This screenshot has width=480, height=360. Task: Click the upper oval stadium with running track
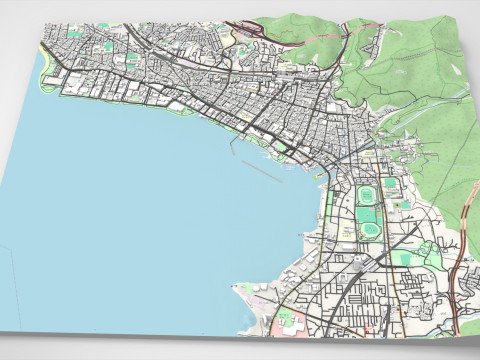[x=366, y=191]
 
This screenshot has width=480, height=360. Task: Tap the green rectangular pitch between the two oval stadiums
[x=367, y=213]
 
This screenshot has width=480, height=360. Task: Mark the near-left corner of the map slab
[x=3, y=325]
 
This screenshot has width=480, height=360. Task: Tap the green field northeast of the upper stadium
[x=391, y=185]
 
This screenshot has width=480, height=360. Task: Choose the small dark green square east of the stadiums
[x=404, y=205]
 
